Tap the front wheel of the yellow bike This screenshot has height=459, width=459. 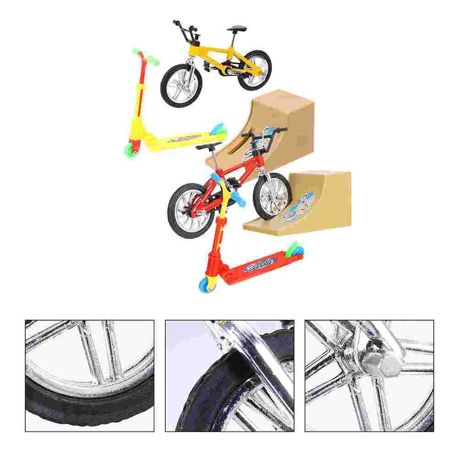coord(181,85)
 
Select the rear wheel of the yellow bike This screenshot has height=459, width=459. coord(255,70)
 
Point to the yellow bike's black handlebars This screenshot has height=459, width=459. coord(183,27)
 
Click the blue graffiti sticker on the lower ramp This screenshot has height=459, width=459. coord(300,208)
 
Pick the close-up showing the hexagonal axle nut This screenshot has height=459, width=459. coord(369,376)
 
